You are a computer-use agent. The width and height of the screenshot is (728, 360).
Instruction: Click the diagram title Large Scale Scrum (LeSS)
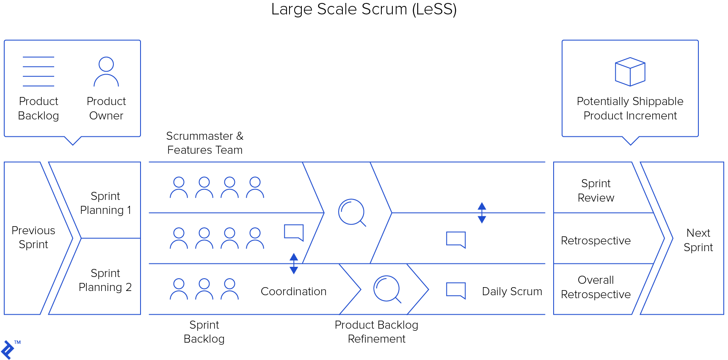point(364,9)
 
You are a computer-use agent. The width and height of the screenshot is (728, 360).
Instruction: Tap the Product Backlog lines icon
point(39,72)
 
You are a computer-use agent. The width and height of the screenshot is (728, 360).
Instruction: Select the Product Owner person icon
point(106,72)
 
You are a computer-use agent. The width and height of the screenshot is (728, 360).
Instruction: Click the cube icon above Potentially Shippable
point(630,72)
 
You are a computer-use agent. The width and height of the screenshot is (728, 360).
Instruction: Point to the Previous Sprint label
point(33,237)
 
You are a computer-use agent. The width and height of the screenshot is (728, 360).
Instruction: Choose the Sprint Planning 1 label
point(105,203)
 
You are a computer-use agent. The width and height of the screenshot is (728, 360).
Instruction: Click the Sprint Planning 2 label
point(105,280)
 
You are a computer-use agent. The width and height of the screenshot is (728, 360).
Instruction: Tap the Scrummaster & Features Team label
point(205,143)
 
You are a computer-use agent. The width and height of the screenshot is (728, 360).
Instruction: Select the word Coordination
point(294,291)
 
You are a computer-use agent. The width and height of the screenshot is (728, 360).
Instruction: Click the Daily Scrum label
point(512,291)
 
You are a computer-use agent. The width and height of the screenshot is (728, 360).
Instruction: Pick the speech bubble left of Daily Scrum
point(456,291)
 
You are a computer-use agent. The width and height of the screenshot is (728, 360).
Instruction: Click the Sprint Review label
point(596,191)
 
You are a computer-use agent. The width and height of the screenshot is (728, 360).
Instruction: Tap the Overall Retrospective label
point(596,287)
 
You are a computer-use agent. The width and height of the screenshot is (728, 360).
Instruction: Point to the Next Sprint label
point(698,240)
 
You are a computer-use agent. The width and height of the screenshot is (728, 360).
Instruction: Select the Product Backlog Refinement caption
point(377,332)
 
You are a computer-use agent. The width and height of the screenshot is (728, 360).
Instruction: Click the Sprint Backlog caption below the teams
point(204,332)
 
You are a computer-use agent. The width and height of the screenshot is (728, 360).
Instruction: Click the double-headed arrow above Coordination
point(294,263)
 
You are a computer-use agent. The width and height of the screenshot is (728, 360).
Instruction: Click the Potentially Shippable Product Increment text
point(630,108)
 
